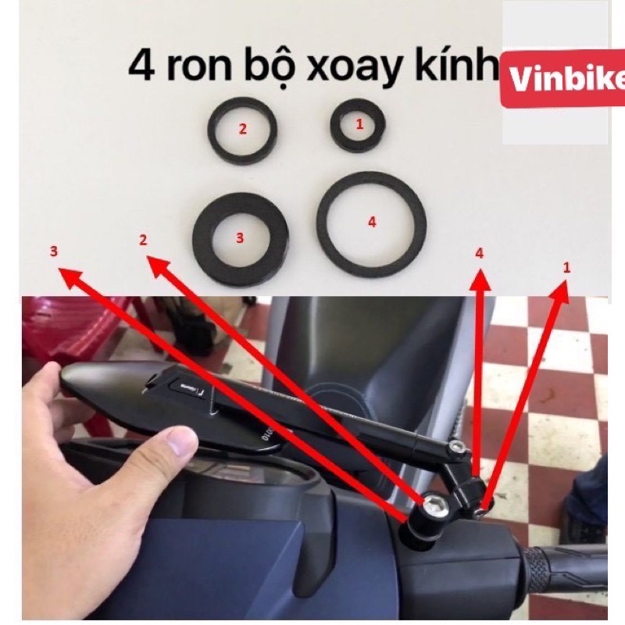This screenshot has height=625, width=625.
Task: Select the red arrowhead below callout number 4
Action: (480, 280)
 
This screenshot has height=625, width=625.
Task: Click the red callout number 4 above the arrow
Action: (480, 253)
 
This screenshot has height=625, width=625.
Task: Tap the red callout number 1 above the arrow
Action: (566, 267)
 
